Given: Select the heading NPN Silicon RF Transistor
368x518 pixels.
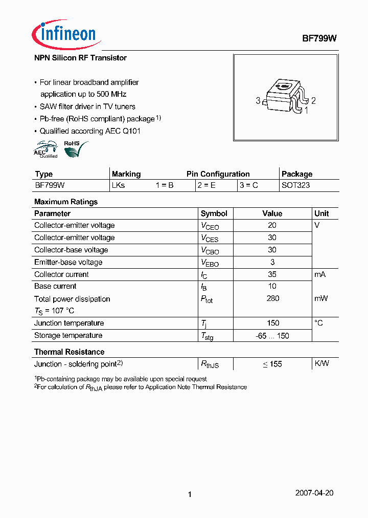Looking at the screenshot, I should click(x=80, y=58).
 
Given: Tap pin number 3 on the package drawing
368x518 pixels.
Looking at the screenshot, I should click(x=258, y=101).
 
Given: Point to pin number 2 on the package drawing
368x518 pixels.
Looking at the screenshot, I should click(x=313, y=101).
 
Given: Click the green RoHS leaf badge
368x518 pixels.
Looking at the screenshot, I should click(x=75, y=149).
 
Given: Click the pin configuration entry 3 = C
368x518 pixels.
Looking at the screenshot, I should click(x=248, y=185).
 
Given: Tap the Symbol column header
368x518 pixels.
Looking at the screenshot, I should click(x=214, y=213).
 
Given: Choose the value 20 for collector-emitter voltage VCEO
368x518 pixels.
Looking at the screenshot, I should click(x=272, y=225).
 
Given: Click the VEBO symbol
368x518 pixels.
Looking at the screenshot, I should click(x=210, y=263).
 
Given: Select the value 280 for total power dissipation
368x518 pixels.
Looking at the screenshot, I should click(x=272, y=298).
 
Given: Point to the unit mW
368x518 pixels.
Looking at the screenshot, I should click(x=321, y=298).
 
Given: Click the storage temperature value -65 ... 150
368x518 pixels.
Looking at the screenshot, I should click(x=272, y=336).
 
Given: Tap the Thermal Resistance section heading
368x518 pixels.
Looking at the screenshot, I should click(x=69, y=352).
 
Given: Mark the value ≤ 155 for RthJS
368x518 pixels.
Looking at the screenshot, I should click(x=272, y=364).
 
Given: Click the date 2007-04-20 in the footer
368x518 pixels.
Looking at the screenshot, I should click(x=314, y=493).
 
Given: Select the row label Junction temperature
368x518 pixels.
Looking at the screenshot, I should click(x=69, y=323).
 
